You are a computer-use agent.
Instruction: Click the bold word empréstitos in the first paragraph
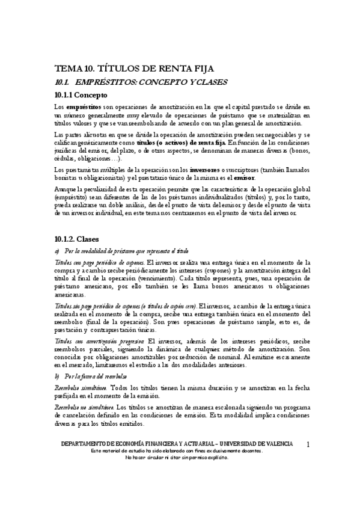[x=84, y=106]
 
